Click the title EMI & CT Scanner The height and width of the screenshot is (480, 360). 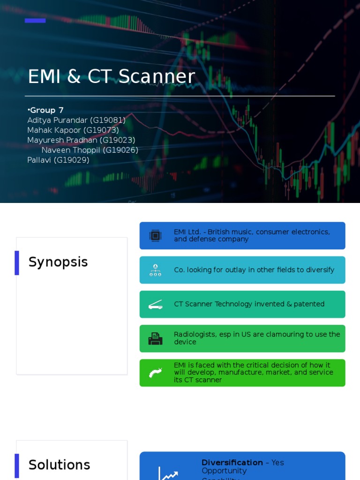coord(111,77)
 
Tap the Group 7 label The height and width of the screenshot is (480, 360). coord(46,110)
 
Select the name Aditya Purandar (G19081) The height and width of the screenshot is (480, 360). coord(76,120)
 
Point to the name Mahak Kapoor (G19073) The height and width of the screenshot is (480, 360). coord(73,130)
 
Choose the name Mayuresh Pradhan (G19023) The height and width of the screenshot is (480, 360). coord(81,140)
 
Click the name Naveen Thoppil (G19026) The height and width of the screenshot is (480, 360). coord(90,150)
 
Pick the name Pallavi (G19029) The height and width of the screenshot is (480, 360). coord(58,160)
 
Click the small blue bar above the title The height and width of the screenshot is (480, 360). coord(35,21)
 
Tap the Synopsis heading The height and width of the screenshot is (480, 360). coord(58,262)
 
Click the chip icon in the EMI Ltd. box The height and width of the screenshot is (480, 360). coord(155,235)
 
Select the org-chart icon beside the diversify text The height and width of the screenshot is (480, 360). coord(155,270)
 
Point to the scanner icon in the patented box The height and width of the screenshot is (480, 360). coord(155,304)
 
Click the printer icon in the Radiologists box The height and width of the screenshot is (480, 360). coord(155,338)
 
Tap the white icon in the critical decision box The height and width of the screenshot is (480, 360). coord(155,373)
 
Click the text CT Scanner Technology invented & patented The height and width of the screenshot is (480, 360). coord(249,304)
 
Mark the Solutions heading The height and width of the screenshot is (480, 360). coord(59,465)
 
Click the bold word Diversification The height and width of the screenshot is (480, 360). coord(232,463)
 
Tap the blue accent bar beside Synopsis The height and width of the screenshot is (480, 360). coord(17,262)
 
